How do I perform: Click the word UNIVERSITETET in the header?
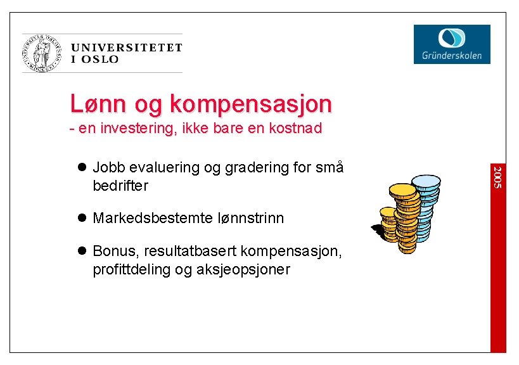[127, 48]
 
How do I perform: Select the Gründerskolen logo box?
[452, 44]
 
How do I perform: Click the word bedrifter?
[120, 186]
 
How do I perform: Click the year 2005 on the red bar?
[498, 177]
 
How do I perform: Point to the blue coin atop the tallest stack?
[426, 182]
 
